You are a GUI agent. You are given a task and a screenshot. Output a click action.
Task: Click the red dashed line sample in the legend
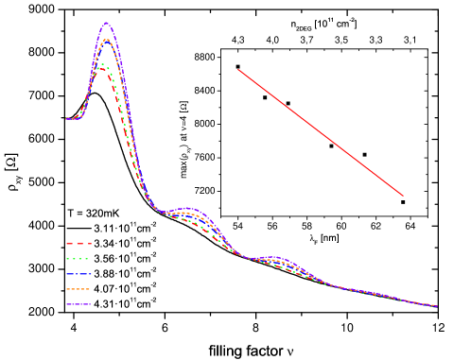tap(78, 244)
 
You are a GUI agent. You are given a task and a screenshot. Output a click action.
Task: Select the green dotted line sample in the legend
tap(78, 259)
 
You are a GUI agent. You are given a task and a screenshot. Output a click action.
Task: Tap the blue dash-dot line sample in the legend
tap(78, 274)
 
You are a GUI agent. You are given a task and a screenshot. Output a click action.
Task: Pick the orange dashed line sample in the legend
tap(78, 289)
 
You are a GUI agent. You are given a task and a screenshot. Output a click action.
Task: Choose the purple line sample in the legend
tap(78, 304)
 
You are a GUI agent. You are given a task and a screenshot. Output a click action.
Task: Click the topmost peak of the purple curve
tap(106, 24)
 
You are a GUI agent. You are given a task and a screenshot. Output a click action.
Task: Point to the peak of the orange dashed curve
tap(106, 40)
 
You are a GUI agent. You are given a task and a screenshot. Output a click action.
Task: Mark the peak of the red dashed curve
tap(102, 68)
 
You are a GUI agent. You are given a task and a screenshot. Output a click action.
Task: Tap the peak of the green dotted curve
tap(104, 63)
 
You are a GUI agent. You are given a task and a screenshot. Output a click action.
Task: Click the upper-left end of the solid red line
tap(238, 70)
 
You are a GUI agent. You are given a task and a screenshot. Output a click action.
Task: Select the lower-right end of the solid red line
tap(403, 196)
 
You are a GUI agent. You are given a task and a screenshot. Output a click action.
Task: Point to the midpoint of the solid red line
tap(321, 132)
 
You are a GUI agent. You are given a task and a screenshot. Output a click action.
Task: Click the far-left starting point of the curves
tap(65, 119)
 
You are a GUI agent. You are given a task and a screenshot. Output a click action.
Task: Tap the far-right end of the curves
tap(436, 306)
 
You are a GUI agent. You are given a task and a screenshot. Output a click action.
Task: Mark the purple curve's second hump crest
tap(188, 208)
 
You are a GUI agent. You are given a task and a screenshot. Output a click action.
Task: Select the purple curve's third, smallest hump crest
tap(275, 257)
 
